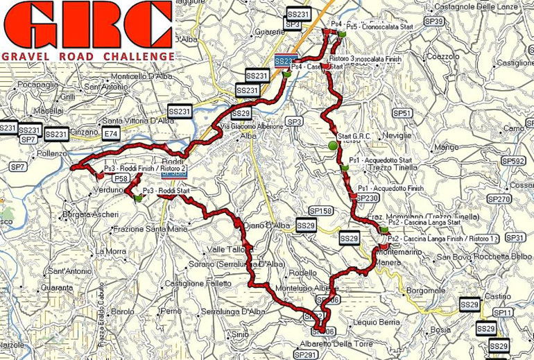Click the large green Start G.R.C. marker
pos(332,146)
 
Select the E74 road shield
pos(110,132)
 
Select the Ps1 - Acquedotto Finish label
pos(390,189)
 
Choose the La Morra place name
pos(111,251)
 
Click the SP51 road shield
pos(402,112)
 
